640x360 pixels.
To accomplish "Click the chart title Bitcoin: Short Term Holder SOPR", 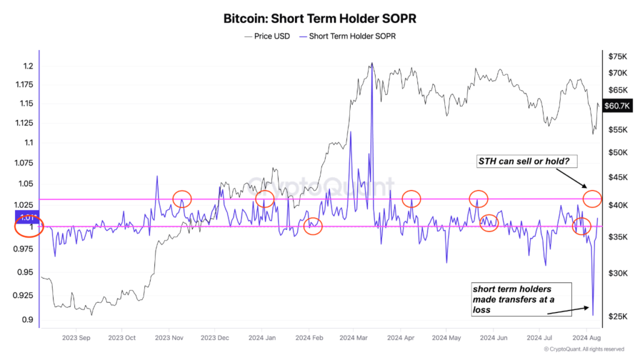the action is pos(319,18).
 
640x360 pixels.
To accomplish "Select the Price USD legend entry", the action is pos(267,36).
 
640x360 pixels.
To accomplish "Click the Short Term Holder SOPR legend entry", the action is pos(347,36).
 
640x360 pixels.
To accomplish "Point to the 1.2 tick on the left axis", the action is pos(28,66).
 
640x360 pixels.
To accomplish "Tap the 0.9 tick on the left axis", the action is pos(27,319).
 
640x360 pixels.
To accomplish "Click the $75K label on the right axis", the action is pos(617,56).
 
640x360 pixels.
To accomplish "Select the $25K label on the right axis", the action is pos(617,316).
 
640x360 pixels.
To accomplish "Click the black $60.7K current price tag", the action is pos(617,106).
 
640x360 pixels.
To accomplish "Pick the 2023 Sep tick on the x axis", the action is pos(76,338).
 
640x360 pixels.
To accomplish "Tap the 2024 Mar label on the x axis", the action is pos(354,338).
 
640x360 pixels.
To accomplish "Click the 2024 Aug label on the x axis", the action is pos(586,338).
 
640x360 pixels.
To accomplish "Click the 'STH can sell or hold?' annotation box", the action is pos(527,161).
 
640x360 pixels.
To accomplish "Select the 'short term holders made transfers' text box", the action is pos(521,299).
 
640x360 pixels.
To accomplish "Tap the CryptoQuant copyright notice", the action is pos(584,349).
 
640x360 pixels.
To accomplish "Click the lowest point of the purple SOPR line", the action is pos(593,315).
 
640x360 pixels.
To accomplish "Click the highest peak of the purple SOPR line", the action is pos(372,64).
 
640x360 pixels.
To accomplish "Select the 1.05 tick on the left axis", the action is pos(25,184).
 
